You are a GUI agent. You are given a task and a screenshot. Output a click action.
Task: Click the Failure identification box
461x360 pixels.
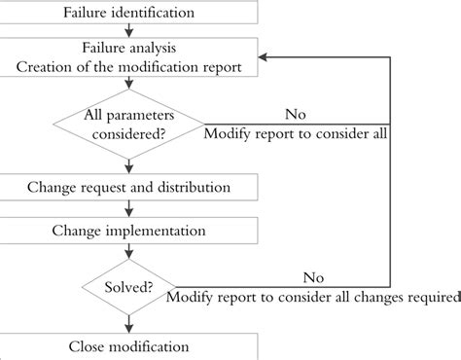pos(129,13)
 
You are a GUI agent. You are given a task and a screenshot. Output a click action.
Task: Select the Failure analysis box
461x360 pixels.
pos(129,55)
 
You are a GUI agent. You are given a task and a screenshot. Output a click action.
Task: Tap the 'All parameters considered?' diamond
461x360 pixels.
pos(129,126)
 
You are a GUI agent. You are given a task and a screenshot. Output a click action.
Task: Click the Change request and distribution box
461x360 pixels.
pos(129,185)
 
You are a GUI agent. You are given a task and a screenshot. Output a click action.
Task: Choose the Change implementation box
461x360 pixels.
pos(129,231)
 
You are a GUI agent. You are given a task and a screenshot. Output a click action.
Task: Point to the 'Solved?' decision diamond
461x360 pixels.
pos(129,289)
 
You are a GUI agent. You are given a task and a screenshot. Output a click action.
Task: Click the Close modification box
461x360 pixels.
pos(129,346)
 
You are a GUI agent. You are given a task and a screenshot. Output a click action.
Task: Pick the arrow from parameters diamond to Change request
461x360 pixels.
pos(129,165)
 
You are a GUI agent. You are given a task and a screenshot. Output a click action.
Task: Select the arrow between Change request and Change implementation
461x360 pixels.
pos(129,209)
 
